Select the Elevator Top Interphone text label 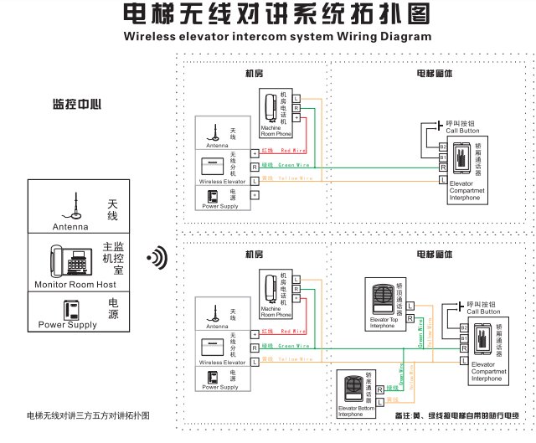tap(383, 323)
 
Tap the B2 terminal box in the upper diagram tap(442, 147)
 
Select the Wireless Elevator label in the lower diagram tap(222, 363)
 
